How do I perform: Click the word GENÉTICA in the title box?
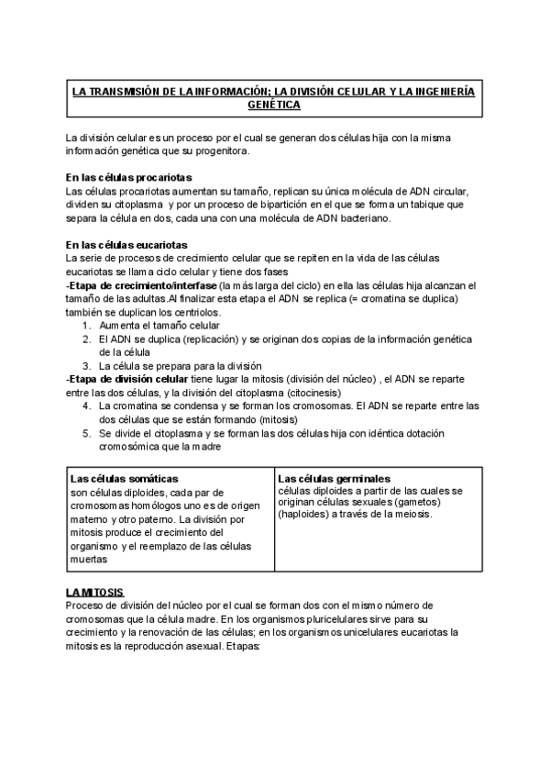(x=274, y=106)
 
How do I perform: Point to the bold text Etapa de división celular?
(x=129, y=378)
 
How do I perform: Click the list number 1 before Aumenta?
(x=86, y=326)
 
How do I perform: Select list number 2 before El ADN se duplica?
(x=86, y=339)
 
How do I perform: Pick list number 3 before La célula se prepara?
(x=86, y=365)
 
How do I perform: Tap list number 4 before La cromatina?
(x=86, y=405)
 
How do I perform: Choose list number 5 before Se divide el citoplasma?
(x=86, y=432)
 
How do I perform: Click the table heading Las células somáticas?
(x=125, y=478)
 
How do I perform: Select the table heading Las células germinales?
(x=334, y=478)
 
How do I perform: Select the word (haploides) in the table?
(x=307, y=514)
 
